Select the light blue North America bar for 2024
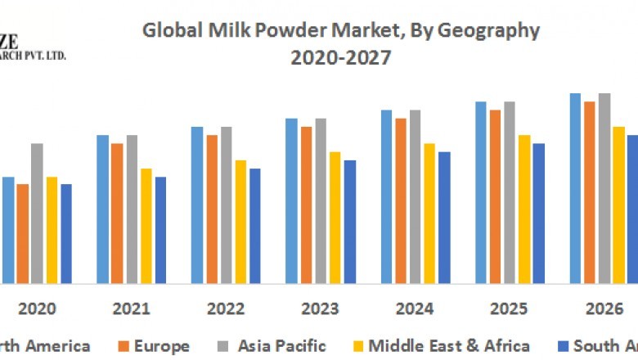point(386,196)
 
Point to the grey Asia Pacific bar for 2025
point(510,192)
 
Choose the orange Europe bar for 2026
point(589,192)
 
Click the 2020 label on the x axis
point(37,309)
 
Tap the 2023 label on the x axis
point(320,309)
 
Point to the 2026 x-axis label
point(604,309)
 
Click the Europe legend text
point(162,345)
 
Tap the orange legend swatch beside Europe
point(124,346)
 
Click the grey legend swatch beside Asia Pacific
point(222,346)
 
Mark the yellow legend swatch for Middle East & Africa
point(357,346)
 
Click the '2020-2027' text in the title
point(341,59)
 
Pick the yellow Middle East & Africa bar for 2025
point(524,209)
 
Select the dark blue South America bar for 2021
point(161,230)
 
